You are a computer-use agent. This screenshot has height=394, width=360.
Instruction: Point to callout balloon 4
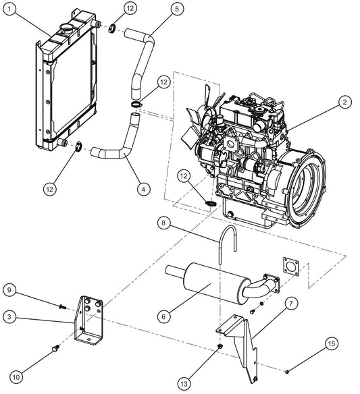point(142,190)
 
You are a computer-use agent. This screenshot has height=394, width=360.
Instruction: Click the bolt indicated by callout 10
point(55,349)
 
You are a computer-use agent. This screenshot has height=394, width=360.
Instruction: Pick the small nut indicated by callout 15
point(288,370)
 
